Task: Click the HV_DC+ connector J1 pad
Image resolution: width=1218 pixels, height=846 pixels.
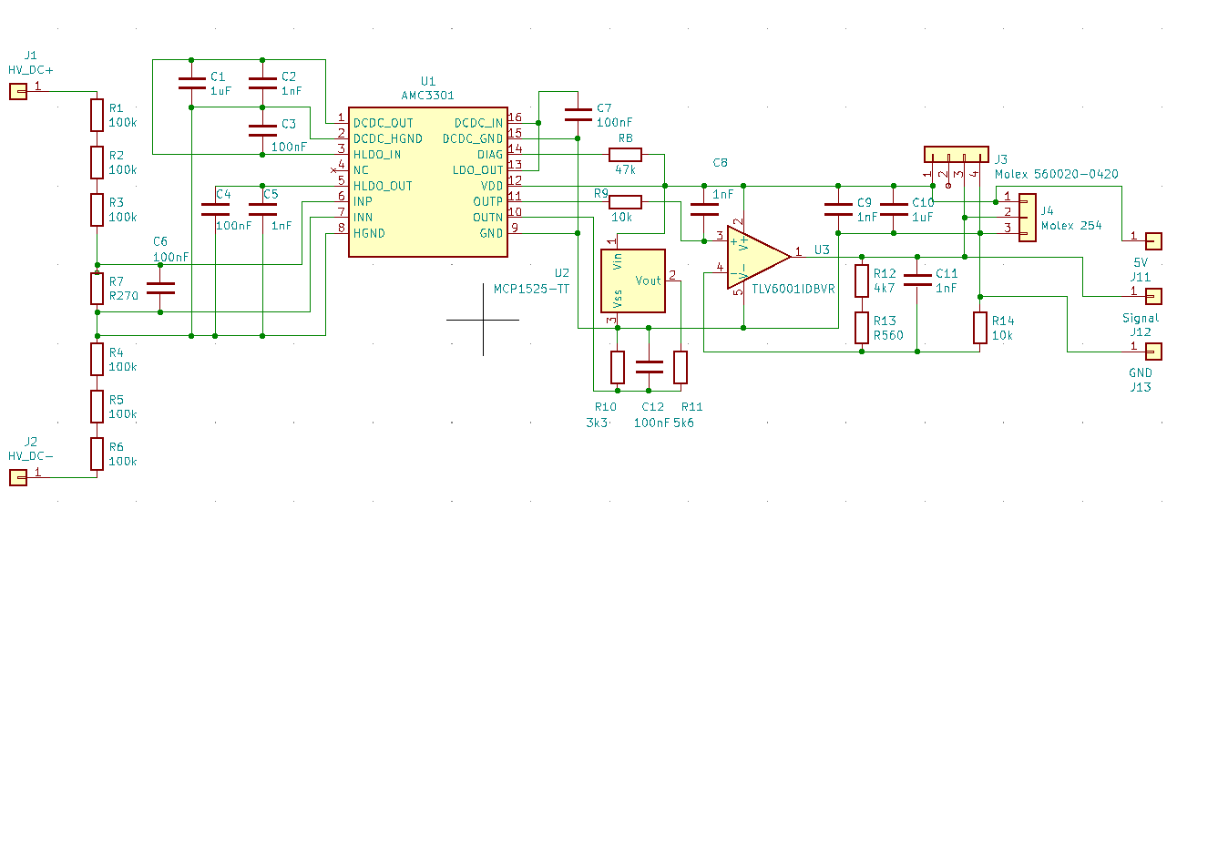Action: click(17, 91)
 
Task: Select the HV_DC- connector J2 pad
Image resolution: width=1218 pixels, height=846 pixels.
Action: click(17, 477)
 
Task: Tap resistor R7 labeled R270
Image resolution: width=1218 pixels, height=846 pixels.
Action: click(97, 289)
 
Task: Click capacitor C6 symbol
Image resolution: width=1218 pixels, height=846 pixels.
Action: click(160, 288)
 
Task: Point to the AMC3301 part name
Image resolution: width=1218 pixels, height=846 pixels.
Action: click(427, 95)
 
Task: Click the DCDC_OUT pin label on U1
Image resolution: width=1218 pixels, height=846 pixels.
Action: click(383, 123)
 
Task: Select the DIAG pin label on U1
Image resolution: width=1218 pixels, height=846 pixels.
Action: click(489, 155)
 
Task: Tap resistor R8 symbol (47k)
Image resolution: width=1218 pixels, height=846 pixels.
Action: click(625, 155)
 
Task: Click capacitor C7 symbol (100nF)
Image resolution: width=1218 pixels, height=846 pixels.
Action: click(578, 115)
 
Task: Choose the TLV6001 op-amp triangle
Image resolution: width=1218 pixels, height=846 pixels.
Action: click(756, 258)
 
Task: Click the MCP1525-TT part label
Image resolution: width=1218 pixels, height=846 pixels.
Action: click(531, 289)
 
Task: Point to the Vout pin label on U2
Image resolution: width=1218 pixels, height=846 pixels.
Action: click(648, 280)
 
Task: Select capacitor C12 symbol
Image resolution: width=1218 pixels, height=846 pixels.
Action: click(650, 367)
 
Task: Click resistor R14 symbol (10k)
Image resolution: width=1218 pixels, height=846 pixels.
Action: click(979, 328)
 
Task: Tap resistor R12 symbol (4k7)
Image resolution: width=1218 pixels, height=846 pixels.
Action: click(862, 280)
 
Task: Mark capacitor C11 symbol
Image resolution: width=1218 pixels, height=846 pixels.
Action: click(917, 280)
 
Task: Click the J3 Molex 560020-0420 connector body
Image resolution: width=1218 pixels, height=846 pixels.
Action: click(956, 154)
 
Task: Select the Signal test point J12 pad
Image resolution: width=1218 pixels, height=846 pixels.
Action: click(1153, 296)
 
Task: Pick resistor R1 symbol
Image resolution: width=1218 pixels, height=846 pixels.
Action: click(97, 115)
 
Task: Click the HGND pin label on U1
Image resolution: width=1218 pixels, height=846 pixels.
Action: click(369, 233)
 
